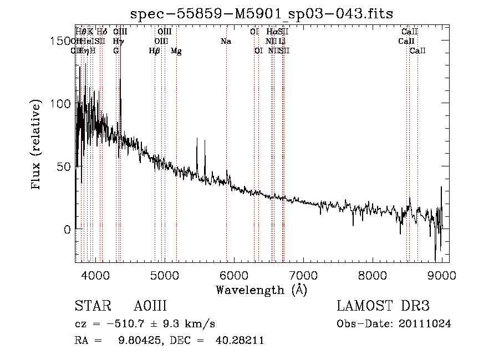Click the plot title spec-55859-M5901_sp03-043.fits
pyautogui.click(x=262, y=13)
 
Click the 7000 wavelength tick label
pyautogui.click(x=303, y=275)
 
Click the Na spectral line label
pyautogui.click(x=226, y=41)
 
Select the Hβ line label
pyautogui.click(x=155, y=50)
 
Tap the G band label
pyautogui.click(x=116, y=50)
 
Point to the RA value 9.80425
pyautogui.click(x=133, y=341)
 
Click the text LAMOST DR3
pyautogui.click(x=383, y=306)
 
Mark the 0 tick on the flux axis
pyautogui.click(x=67, y=229)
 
